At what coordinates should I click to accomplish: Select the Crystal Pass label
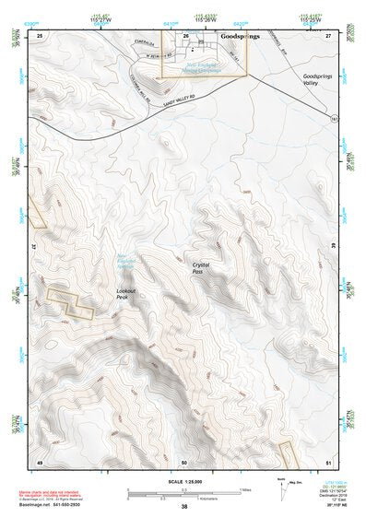[x=197, y=269]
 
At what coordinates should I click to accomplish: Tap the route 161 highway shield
[x=331, y=120]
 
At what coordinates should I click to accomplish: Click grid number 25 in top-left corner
[x=40, y=35]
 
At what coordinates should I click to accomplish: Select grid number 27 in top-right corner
[x=327, y=35]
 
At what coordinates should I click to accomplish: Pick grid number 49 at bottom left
[x=40, y=460]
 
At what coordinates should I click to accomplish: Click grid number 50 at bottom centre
[x=184, y=460]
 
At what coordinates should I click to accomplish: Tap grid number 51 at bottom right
[x=327, y=460]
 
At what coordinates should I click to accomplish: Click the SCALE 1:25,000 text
[x=183, y=481]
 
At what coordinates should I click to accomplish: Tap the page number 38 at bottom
[x=184, y=506]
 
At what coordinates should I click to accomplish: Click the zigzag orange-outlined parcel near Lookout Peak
[x=71, y=301]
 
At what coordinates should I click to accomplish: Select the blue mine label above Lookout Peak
[x=126, y=261]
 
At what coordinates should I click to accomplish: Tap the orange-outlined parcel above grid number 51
[x=288, y=453]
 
